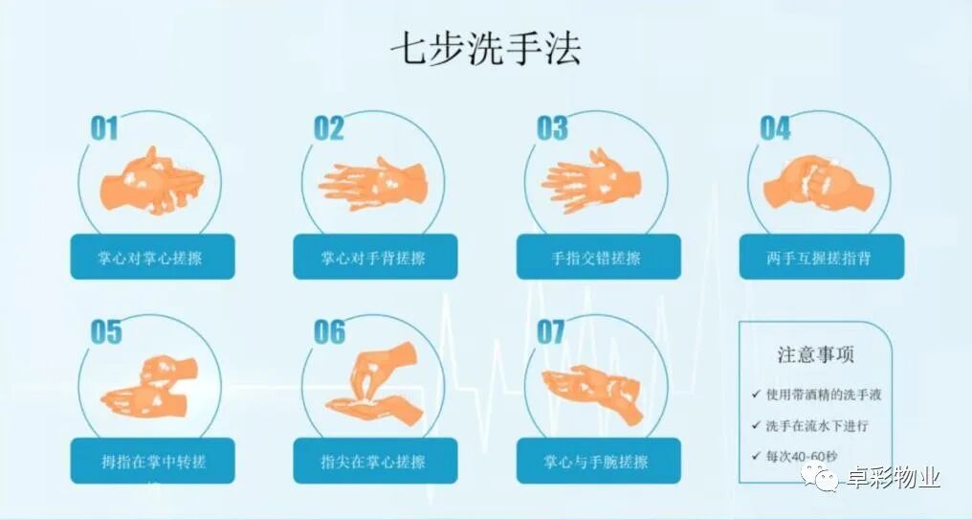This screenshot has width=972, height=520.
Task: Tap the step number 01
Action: tap(104, 128)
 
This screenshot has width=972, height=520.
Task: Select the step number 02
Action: tap(328, 128)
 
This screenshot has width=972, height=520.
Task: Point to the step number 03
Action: tap(552, 128)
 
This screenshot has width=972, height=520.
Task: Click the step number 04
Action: tap(775, 128)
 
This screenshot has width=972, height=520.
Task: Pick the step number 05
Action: tap(106, 332)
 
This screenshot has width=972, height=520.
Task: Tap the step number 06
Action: tap(329, 332)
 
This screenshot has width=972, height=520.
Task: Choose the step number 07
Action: tap(551, 332)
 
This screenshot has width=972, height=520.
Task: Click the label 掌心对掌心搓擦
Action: tap(152, 258)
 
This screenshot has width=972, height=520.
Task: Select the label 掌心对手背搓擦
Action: tap(375, 258)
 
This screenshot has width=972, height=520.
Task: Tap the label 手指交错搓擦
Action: tap(598, 258)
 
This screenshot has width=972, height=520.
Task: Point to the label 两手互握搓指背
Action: tap(821, 258)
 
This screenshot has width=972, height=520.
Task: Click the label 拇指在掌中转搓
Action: tap(152, 462)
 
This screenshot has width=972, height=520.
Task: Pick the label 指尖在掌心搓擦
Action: tap(375, 462)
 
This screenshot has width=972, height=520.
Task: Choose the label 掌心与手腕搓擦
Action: tap(598, 462)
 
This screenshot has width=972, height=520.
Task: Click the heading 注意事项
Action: tap(816, 355)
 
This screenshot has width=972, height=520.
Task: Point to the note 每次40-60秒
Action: tap(801, 456)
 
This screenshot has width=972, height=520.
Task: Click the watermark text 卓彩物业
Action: tap(894, 477)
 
